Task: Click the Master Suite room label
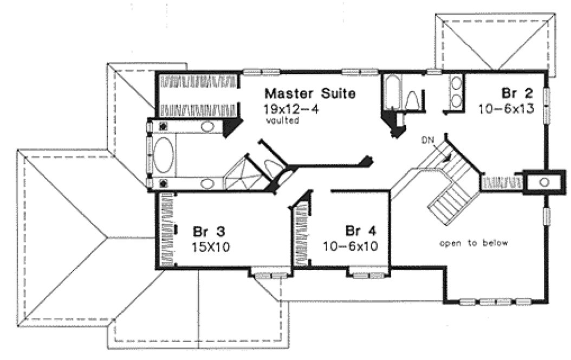click(x=310, y=93)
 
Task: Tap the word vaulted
click(x=282, y=121)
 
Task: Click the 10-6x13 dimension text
click(x=507, y=109)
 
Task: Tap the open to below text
click(x=473, y=243)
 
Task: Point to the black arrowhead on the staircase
click(x=445, y=158)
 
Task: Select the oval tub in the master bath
click(x=164, y=155)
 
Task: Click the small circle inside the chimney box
click(x=544, y=181)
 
